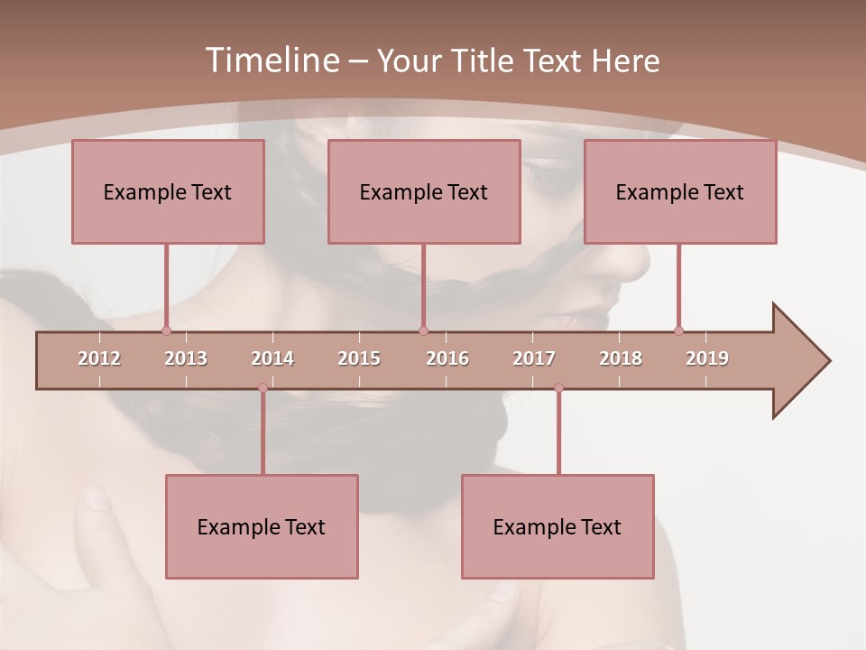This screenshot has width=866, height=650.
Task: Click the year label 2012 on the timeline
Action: coord(99,358)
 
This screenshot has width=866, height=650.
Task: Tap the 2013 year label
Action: coord(186,358)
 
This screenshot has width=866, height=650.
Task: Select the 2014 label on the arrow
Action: coord(272,358)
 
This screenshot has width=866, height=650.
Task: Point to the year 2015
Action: coord(359,358)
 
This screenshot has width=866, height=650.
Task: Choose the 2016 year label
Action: coord(447,358)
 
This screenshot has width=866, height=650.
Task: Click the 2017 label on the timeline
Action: coord(534,358)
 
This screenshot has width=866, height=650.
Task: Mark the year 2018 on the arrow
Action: coord(621,358)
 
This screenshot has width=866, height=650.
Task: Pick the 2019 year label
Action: coord(707,358)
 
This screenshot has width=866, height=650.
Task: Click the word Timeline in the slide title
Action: coord(271,60)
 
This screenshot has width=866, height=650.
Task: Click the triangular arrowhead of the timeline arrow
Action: coord(799,361)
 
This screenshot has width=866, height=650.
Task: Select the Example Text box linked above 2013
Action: coord(168,191)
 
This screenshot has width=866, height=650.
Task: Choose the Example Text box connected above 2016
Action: coord(424,191)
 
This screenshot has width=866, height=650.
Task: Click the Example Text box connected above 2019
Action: coord(680,191)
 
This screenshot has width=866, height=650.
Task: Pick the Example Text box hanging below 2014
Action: coord(262,526)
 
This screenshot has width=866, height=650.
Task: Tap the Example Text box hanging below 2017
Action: coord(557,526)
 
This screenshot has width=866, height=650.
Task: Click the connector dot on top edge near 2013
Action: coord(166,330)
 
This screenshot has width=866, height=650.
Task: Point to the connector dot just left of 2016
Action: coord(423,330)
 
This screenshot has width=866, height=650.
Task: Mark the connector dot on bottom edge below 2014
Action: coord(263,388)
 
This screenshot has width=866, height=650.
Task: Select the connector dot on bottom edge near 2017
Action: coord(558,388)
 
